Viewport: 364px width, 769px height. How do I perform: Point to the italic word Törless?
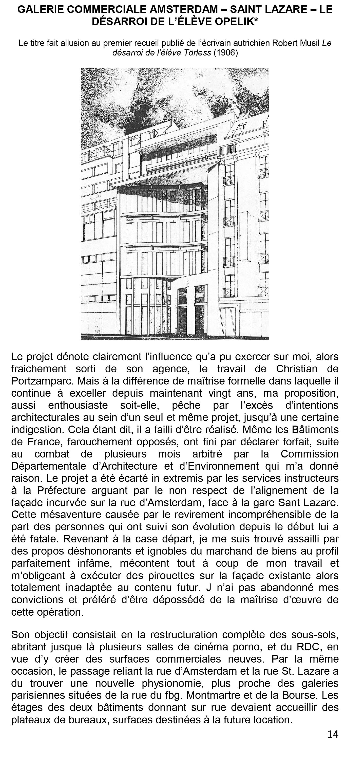tap(196, 53)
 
